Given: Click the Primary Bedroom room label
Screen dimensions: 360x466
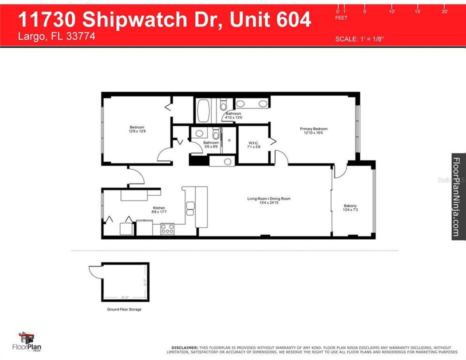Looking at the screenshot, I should [313, 129].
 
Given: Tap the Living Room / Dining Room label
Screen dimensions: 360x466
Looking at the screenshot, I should [268, 199].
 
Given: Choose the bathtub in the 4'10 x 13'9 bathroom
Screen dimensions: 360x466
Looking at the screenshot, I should [203, 111].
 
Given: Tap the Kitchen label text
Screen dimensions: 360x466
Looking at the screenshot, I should [159, 208].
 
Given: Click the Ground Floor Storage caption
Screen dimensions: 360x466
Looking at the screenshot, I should [124, 309].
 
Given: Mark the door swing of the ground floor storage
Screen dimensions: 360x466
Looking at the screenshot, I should [95, 270].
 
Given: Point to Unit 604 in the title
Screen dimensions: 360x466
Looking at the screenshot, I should [273, 19].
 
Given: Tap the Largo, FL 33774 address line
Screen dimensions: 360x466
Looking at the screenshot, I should [56, 36].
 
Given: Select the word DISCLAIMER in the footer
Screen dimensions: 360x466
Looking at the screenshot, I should [184, 347].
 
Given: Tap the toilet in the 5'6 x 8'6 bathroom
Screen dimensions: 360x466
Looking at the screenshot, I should [216, 134].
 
